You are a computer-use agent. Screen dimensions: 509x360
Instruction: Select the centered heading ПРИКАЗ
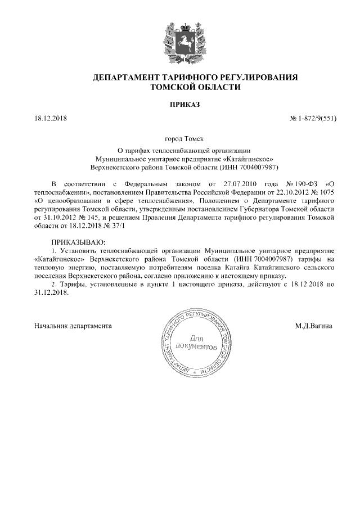tap(180, 105)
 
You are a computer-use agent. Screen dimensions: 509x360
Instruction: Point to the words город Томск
tap(180, 138)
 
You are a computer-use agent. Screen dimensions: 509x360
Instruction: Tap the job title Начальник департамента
tap(73, 326)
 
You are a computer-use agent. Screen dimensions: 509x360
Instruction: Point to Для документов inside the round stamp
tap(195, 344)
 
